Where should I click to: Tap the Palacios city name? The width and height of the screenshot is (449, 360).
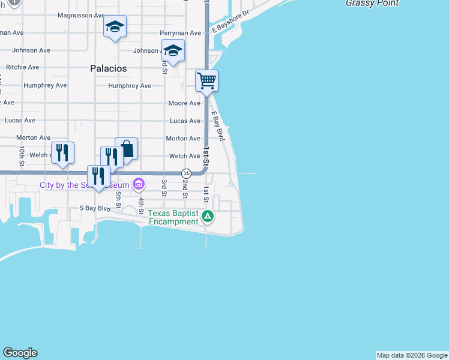coord(109,68)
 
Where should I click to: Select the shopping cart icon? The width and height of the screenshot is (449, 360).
coord(206,80)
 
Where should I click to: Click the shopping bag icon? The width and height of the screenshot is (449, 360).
coord(127,148)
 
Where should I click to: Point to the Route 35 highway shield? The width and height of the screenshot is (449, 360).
coord(187,173)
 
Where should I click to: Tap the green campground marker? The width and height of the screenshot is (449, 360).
coord(207,216)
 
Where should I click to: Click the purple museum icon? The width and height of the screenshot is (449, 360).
coord(139,184)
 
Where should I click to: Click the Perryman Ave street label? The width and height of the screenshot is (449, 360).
coord(180,33)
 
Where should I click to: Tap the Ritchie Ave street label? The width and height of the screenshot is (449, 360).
coord(22,67)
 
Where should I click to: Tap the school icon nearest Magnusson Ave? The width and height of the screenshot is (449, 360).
coord(115,26)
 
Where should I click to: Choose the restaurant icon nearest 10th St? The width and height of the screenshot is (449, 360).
coord(62,152)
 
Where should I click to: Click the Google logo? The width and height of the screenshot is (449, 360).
coord(20,353)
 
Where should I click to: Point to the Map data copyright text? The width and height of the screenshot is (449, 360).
coord(412,355)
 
